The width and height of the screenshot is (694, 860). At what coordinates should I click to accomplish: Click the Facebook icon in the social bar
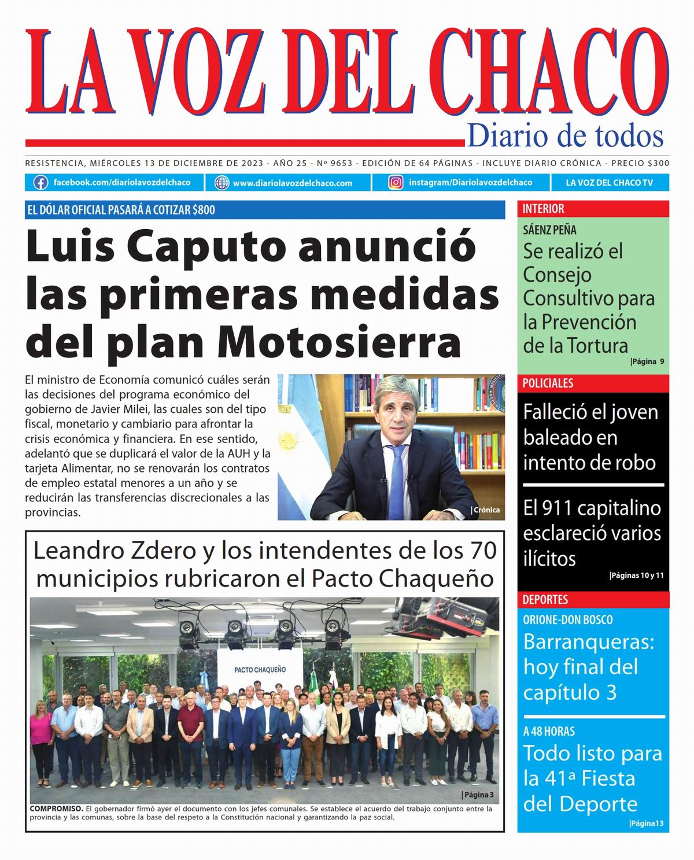pos(40,183)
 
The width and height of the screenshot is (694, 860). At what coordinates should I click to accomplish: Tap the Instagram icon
pos(396,183)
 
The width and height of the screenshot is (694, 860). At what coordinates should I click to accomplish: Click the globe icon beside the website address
pos(222,183)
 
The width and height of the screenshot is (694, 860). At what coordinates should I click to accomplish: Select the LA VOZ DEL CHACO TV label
pos(609,183)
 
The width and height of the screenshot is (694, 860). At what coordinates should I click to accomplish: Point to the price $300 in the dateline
pos(658,163)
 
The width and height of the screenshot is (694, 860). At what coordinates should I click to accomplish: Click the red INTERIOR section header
pos(543,209)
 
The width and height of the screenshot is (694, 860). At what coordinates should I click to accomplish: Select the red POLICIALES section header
pos(548,383)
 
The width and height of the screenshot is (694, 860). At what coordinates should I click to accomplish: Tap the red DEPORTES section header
pos(545,600)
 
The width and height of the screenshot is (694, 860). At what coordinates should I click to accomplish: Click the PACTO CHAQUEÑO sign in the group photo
pos(260,669)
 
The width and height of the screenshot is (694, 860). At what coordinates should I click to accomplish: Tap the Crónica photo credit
pos(486,510)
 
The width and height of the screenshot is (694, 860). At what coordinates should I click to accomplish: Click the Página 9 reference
pos(647,361)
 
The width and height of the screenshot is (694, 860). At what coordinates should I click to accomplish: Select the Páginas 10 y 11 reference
pos(637,575)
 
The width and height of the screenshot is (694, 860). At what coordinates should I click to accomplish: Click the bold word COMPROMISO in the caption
pos(55,809)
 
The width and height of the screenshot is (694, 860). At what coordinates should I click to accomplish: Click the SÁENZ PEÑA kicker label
pos(549,230)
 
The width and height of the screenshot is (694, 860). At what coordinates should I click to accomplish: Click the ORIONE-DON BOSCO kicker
pos(567,619)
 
